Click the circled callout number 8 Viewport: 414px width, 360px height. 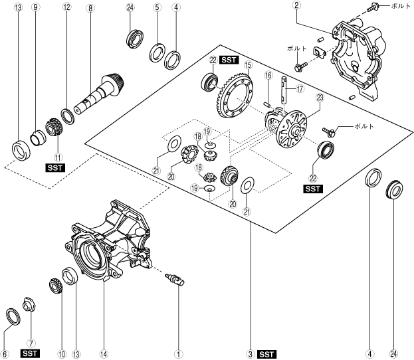coord(90,8)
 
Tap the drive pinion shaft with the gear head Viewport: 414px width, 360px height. coord(99,94)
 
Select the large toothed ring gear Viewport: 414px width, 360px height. coord(233,95)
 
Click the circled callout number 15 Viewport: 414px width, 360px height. coord(248,64)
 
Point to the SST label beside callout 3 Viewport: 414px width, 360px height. coord(266,354)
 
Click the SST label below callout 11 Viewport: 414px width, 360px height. coord(55,167)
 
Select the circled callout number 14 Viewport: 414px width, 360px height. coord(104,354)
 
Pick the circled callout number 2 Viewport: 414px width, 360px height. coord(296,5)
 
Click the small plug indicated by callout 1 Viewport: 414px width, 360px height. coord(175,280)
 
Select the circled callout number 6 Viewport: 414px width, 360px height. coord(5,354)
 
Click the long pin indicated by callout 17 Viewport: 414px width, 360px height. coord(283,90)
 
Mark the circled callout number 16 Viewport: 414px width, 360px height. coord(268,76)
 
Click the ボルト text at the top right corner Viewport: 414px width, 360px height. coord(400,6)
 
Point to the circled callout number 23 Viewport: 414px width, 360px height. coord(320,98)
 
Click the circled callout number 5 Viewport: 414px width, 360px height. coord(157,7)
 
